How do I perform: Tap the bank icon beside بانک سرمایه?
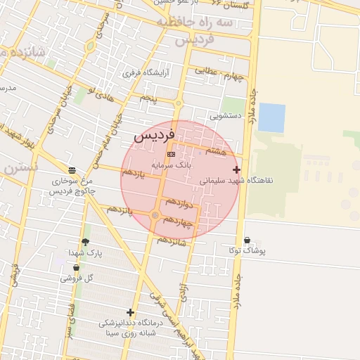tap(171, 153)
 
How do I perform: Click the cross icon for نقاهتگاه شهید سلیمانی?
tap(236, 169)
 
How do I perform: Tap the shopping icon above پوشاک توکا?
tap(246, 240)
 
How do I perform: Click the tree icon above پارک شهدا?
tap(86, 242)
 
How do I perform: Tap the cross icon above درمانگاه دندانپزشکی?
tap(130, 312)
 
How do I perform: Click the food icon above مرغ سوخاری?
tap(72, 170)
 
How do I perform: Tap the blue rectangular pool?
tap(272, 117)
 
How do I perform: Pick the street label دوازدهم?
tap(181, 204)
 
